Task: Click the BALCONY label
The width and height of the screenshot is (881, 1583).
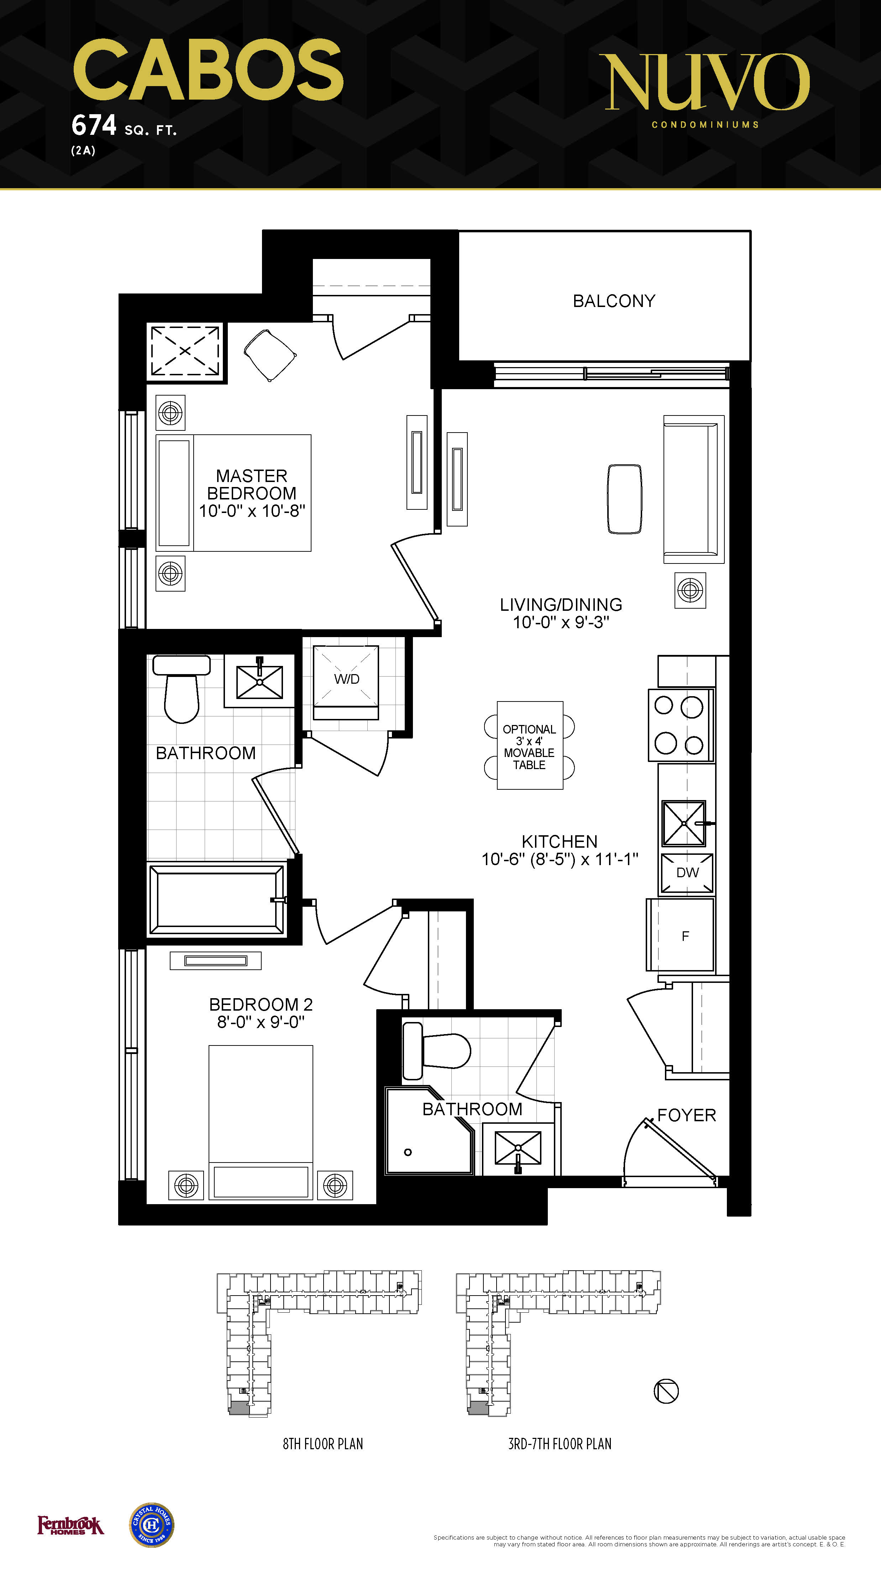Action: (614, 301)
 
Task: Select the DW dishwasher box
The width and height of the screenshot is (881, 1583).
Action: (687, 873)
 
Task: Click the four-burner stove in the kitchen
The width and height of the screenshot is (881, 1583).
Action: (681, 725)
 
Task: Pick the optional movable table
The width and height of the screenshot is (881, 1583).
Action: (529, 745)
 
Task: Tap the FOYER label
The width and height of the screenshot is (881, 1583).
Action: (687, 1115)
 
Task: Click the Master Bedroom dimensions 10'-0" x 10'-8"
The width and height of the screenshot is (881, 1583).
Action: (252, 511)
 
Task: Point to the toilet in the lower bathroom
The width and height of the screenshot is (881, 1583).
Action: (436, 1052)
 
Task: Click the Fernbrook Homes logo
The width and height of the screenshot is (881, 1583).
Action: (71, 1525)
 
